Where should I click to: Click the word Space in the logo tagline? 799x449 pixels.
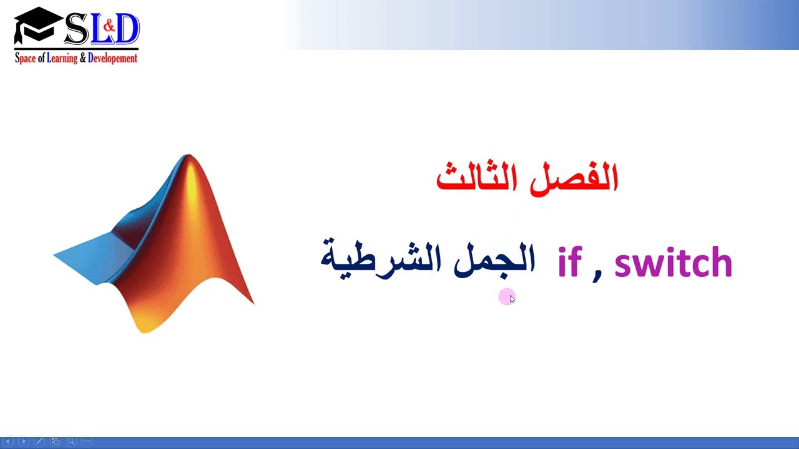[26, 58]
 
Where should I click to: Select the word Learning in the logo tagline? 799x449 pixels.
[62, 58]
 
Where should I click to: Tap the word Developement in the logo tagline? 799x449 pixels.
[112, 58]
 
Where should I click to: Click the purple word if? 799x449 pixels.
[569, 262]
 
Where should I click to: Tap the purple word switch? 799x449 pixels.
[673, 262]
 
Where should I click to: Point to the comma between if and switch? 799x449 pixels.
[597, 274]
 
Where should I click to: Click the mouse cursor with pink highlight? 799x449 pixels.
[509, 297]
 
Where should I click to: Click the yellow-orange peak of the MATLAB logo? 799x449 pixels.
[189, 171]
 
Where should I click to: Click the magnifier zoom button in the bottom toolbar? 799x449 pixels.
[71, 442]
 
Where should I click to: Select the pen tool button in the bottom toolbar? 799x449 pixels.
[39, 442]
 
